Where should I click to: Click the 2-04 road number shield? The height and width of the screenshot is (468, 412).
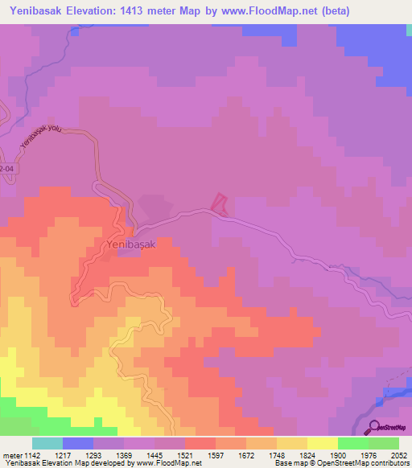point(7,169)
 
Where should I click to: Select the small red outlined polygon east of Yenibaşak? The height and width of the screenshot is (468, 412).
point(219,203)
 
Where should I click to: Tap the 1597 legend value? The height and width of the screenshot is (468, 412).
point(216,455)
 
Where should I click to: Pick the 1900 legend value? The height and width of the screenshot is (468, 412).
point(338,455)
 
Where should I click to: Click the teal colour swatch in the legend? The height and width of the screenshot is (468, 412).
point(47,443)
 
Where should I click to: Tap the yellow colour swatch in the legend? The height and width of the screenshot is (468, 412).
point(323,443)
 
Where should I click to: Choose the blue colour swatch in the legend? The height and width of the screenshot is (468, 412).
point(78,443)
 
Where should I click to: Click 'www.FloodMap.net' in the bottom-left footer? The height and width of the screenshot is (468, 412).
point(169,464)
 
